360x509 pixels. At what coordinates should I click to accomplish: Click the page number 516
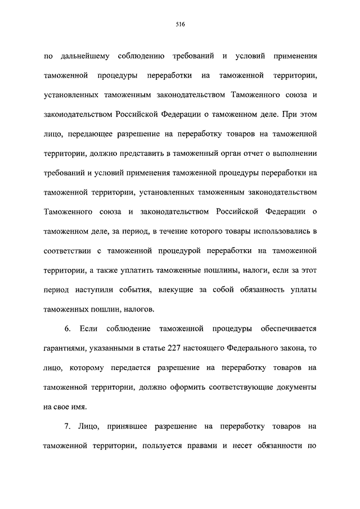coord(180,25)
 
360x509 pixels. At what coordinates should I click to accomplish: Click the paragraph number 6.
coord(67,328)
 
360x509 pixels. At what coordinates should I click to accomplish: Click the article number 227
coord(174,348)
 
